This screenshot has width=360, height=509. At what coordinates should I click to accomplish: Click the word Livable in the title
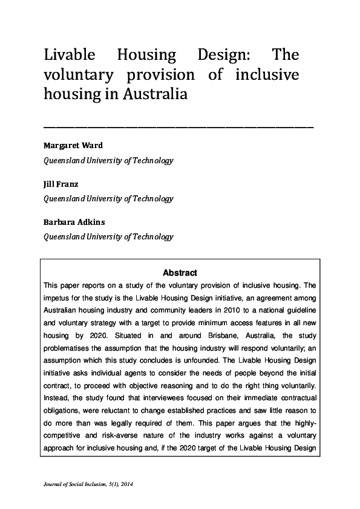(x=69, y=56)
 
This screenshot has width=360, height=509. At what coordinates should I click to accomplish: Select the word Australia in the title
(x=156, y=94)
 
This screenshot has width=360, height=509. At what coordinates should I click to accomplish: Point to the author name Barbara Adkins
(x=74, y=222)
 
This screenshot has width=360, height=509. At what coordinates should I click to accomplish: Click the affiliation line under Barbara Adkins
(x=108, y=237)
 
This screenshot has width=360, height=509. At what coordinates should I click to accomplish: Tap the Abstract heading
(x=180, y=273)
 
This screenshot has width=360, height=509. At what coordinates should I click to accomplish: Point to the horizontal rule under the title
(x=178, y=128)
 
